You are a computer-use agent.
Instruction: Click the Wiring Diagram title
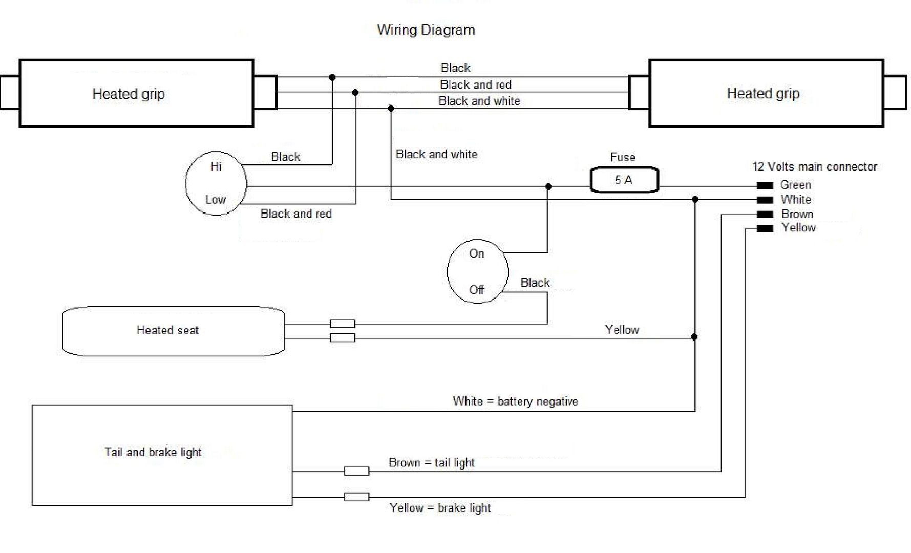click(426, 30)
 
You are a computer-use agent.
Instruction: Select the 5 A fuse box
click(624, 180)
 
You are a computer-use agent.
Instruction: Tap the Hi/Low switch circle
click(216, 183)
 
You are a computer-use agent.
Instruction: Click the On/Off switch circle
click(477, 271)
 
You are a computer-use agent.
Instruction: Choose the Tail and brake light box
click(162, 455)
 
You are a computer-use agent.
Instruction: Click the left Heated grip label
click(129, 94)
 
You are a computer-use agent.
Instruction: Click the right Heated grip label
click(763, 94)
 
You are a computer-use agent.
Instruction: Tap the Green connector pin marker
click(765, 185)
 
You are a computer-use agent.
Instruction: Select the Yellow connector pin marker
click(765, 228)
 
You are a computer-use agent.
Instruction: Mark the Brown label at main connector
click(797, 214)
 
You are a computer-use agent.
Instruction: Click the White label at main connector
click(796, 200)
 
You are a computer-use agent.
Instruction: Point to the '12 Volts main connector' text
click(814, 166)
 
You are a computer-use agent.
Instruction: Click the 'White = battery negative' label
click(515, 401)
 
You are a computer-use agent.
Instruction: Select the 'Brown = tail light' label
click(431, 463)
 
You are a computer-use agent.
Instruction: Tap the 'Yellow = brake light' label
click(440, 508)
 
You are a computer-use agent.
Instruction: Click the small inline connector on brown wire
click(356, 471)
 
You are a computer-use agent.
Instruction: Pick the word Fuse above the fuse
click(623, 157)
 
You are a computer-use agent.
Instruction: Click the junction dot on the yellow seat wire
click(694, 337)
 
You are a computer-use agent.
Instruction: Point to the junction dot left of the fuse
click(548, 187)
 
